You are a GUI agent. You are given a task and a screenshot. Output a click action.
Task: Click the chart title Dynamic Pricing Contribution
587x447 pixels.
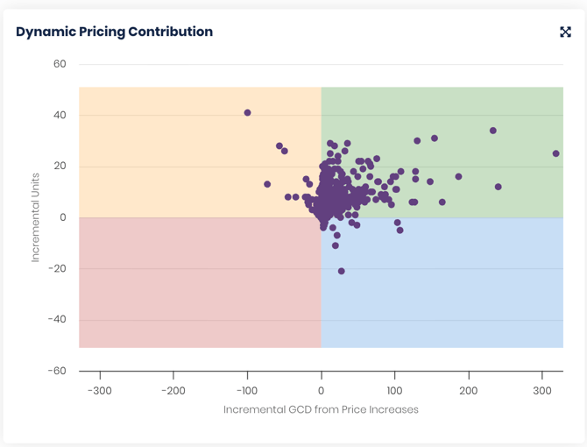click(114, 32)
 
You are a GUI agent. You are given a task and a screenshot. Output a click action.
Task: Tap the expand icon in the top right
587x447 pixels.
click(565, 32)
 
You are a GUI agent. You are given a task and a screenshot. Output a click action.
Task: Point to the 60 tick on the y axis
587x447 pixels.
click(60, 64)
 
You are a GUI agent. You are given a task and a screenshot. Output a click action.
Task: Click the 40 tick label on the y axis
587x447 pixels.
click(60, 115)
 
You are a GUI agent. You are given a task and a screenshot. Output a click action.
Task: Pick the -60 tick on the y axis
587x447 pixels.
click(56, 371)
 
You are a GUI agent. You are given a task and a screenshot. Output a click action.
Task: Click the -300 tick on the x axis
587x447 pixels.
click(100, 390)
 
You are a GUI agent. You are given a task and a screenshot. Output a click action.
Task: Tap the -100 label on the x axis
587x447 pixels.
click(247, 390)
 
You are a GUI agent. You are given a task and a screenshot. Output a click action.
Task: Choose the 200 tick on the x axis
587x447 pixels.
click(469, 390)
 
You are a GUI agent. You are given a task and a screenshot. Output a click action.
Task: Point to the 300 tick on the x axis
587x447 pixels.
click(542, 390)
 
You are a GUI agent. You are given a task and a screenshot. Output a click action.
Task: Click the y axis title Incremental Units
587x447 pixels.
click(36, 217)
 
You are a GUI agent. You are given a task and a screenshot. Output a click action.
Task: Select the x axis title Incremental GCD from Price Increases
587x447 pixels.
click(321, 409)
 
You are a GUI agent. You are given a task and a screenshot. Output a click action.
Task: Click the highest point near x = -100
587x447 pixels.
click(248, 113)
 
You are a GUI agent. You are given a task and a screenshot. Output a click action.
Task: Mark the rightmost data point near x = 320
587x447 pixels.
click(556, 153)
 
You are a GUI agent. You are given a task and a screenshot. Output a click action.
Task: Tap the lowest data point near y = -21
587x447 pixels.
click(341, 272)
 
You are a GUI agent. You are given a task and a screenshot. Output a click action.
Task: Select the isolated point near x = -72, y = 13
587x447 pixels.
click(267, 185)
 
